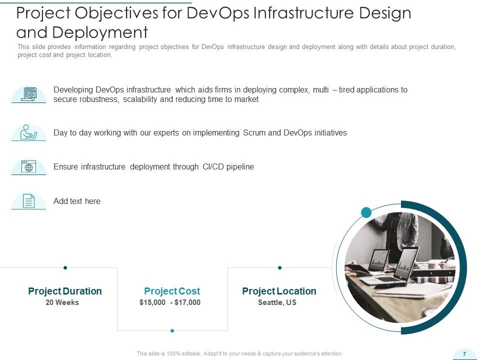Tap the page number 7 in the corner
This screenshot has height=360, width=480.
(464, 354)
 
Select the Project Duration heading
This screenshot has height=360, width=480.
(65, 291)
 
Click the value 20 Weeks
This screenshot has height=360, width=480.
(62, 302)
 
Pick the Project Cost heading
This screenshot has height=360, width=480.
(172, 291)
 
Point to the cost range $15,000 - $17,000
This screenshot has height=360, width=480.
(170, 302)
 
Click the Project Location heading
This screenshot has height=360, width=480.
(279, 291)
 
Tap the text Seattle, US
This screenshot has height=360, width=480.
(277, 302)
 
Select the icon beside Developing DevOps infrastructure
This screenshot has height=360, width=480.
(29, 94)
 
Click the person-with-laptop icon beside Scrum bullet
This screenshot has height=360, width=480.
(29, 132)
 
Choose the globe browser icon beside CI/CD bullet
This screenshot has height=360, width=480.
(29, 167)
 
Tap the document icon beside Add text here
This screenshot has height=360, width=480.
(29, 201)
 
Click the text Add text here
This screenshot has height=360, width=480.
(77, 201)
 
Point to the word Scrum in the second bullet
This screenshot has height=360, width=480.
(255, 133)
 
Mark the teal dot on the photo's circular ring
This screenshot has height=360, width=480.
(366, 212)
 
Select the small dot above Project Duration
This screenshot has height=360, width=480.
(65, 267)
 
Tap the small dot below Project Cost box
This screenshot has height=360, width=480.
(172, 330)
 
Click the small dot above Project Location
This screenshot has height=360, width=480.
(279, 267)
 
